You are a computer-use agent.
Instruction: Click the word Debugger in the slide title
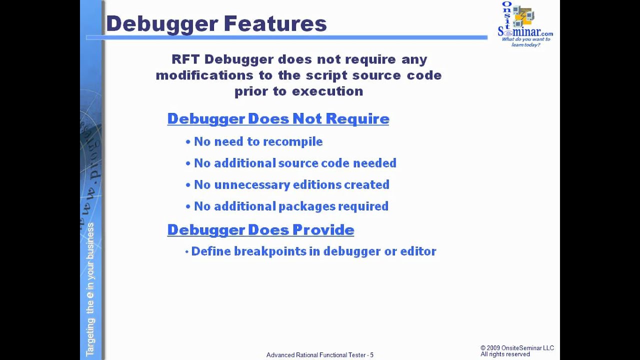tap(161, 23)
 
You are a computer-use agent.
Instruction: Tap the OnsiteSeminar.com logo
tap(524, 20)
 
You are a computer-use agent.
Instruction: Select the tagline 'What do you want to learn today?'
tap(525, 42)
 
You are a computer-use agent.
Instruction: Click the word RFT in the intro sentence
tap(185, 59)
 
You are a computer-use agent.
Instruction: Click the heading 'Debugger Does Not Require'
tap(278, 119)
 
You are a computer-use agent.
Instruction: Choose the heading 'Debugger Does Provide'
tap(260, 230)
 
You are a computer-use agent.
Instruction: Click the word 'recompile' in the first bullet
tap(292, 142)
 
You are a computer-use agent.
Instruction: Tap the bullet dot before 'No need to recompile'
tap(188, 142)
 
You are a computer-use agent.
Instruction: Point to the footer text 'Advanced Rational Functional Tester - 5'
tap(319, 355)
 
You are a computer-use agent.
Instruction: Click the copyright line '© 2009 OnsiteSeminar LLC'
tap(517, 348)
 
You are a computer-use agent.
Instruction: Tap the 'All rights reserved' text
tap(505, 354)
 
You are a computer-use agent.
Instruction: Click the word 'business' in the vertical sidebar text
tap(90, 241)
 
